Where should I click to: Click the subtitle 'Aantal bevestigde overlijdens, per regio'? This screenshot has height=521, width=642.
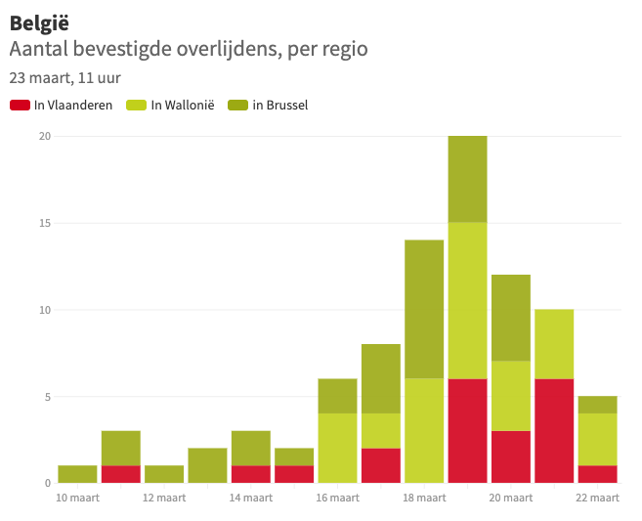pos(189,49)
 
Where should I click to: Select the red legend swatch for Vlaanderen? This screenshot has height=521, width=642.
pos(20,105)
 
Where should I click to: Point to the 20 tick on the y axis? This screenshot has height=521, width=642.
pos(44,136)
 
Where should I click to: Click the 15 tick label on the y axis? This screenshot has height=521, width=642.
pos(44,223)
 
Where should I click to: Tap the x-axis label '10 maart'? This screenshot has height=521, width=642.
pos(77,498)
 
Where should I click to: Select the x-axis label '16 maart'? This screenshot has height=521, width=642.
pos(337,498)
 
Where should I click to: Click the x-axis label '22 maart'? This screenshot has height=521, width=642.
pos(596,498)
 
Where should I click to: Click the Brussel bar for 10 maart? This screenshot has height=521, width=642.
pos(77,474)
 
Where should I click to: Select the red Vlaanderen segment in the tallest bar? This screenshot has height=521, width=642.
pos(467,431)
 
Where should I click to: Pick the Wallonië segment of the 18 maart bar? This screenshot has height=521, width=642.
pos(424,431)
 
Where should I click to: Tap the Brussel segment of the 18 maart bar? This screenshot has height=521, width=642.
pos(424,309)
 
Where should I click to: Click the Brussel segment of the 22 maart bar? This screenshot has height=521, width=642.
pos(597,405)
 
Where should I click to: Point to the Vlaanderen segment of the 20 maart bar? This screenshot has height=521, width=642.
pos(510,456)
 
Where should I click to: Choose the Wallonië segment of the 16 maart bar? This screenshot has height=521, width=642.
pos(337,448)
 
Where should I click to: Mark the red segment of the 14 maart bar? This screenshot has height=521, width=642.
pos(251,474)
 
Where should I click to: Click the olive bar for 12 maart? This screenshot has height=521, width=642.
pos(164,474)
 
